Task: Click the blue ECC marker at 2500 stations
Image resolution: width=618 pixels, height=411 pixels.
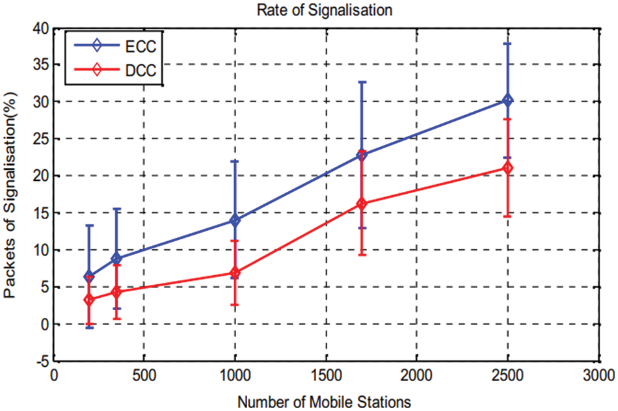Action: point(507,100)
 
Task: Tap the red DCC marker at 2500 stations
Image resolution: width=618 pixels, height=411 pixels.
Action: point(507,168)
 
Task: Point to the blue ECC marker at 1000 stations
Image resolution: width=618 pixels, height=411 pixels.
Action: point(235,220)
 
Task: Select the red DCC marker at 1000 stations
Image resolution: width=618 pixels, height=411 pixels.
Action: point(235,272)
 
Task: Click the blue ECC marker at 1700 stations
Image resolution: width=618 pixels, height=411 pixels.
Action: point(362,155)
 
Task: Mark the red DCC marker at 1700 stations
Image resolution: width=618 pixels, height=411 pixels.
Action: point(362,204)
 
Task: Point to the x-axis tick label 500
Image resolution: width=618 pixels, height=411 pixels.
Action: point(144,376)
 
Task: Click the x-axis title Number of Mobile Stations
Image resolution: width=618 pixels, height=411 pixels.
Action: point(324,401)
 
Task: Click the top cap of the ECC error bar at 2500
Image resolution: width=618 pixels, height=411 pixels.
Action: point(507,43)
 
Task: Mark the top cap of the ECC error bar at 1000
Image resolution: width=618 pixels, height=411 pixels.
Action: point(235,161)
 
